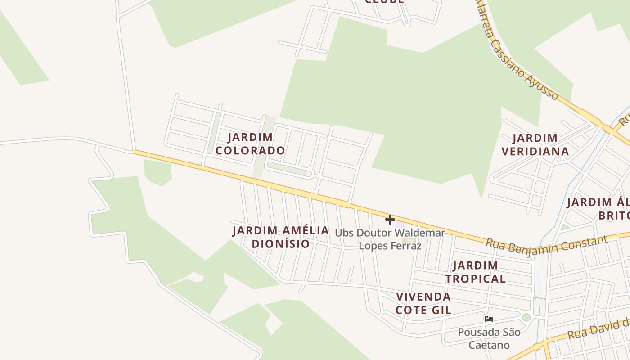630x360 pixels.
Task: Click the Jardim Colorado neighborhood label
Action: (250, 144)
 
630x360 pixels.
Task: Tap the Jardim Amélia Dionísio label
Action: (281, 237)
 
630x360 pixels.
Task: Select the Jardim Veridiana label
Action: (535, 144)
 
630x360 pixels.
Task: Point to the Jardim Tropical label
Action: (476, 272)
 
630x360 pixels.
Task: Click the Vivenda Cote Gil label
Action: (423, 303)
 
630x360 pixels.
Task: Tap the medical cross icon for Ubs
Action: (390, 220)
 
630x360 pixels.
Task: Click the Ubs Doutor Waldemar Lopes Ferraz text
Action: (390, 239)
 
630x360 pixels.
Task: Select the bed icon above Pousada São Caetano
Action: (489, 319)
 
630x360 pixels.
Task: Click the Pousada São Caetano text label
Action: (489, 338)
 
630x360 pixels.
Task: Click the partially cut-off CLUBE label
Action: (384, 2)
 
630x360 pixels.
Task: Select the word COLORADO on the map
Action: (250, 150)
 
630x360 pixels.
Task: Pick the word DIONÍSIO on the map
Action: (281, 244)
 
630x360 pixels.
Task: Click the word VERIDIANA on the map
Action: (535, 151)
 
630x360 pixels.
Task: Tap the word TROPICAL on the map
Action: (476, 279)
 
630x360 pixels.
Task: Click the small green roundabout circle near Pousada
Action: (526, 317)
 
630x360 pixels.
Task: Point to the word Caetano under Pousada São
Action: (489, 345)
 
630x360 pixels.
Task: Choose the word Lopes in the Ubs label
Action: (373, 246)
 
